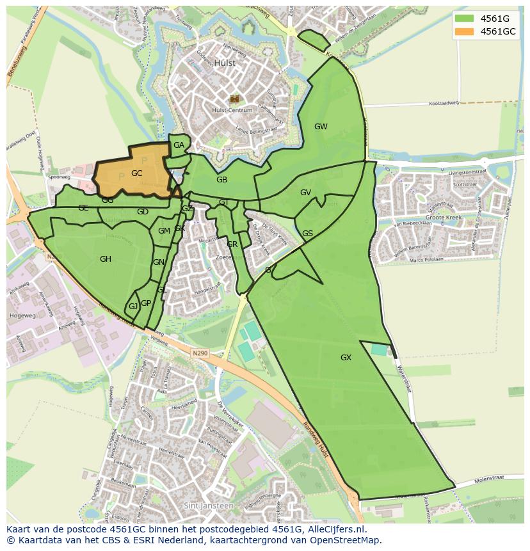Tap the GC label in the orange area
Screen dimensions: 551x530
coord(136,173)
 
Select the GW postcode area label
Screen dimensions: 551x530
coord(321,127)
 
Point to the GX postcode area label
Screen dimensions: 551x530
coord(346,358)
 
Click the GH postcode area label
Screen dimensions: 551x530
coord(106,259)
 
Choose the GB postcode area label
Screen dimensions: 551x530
coord(221,180)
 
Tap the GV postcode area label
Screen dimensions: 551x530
coord(305,193)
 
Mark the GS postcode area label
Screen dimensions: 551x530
coord(307,234)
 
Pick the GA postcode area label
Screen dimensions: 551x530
coord(179,145)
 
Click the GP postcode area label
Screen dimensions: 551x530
coord(146,303)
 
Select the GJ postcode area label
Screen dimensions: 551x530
coord(132,307)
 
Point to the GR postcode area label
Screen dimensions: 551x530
coord(232,244)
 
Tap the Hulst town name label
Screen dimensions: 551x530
coord(225,63)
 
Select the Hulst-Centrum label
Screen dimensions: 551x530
coord(232,110)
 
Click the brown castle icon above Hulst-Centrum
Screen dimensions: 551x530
coord(234,99)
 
